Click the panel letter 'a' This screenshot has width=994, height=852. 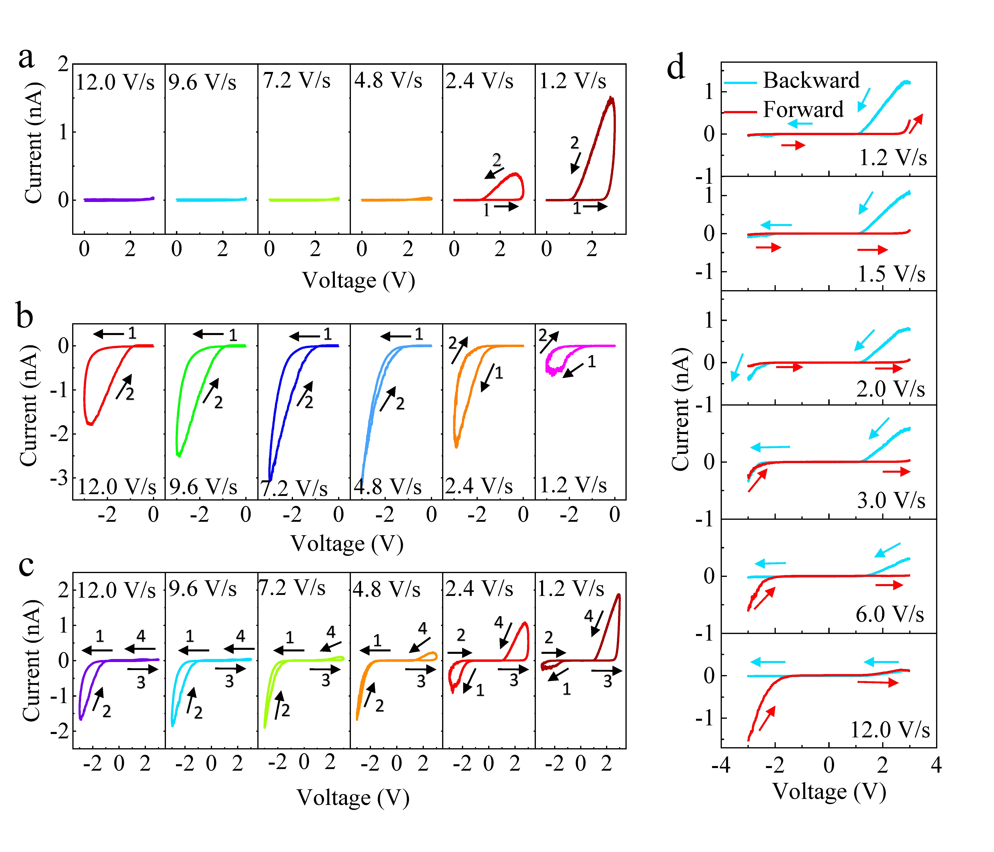point(26,59)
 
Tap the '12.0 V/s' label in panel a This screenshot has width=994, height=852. point(115,82)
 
